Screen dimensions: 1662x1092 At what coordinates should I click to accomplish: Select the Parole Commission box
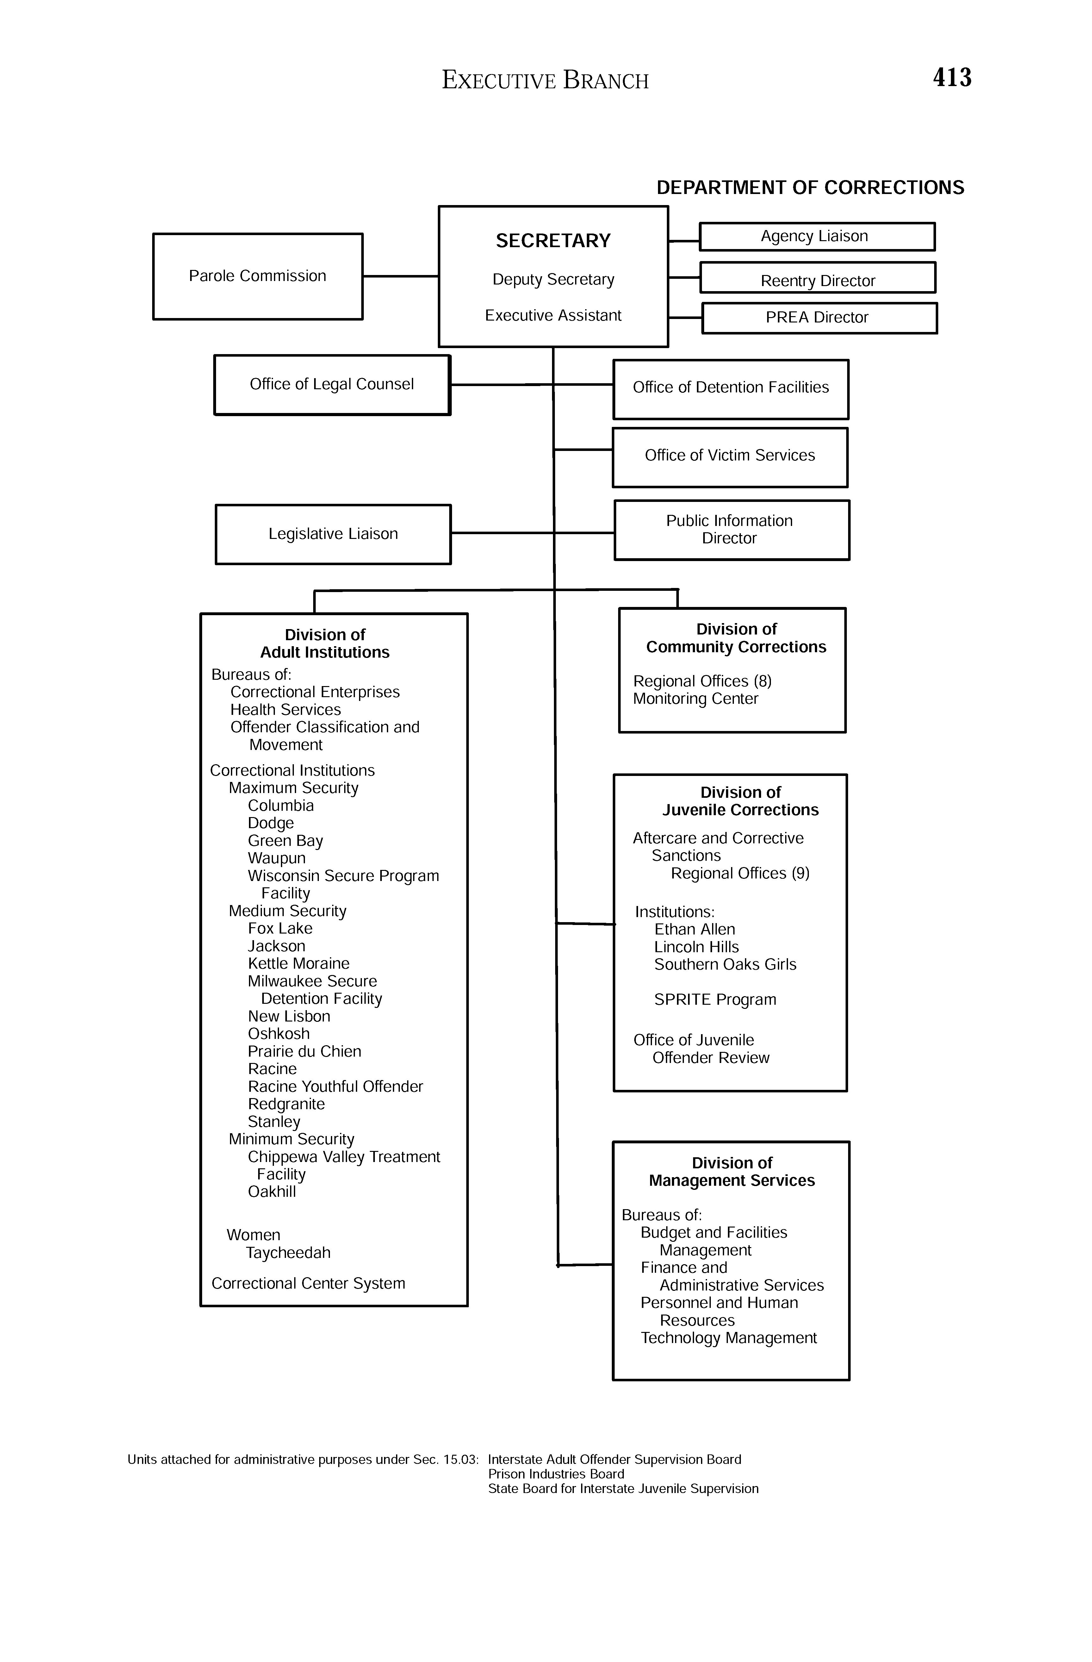pyautogui.click(x=257, y=277)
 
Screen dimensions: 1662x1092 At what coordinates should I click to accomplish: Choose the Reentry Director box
pyautogui.click(x=818, y=278)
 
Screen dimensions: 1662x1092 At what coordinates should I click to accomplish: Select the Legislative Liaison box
pyautogui.click(x=333, y=534)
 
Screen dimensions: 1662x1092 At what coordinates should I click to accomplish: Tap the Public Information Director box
pyautogui.click(x=731, y=530)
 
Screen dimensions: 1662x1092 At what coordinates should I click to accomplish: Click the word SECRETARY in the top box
pyautogui.click(x=553, y=241)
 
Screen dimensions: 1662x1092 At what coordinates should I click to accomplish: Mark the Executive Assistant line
pyautogui.click(x=553, y=316)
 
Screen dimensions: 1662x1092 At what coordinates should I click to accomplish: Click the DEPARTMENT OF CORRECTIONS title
pyautogui.click(x=810, y=188)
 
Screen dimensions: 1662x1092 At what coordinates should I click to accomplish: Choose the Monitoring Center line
pyautogui.click(x=695, y=699)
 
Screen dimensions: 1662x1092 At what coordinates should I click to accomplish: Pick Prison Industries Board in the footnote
pyautogui.click(x=556, y=1474)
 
